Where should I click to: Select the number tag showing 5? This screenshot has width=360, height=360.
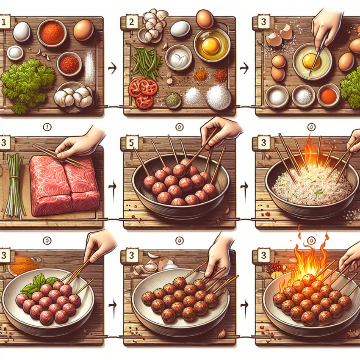[x=131, y=143]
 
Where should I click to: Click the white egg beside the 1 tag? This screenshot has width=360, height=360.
[x=22, y=31]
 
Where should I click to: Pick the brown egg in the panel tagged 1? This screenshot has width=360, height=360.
[x=83, y=30]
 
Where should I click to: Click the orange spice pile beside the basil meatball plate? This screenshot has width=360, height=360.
[x=23, y=266]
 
